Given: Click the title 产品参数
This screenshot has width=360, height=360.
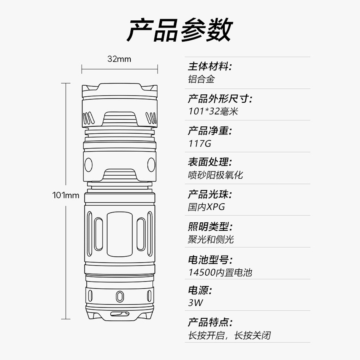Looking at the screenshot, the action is [180, 30].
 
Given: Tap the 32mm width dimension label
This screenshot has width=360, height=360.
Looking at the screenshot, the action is [119, 59].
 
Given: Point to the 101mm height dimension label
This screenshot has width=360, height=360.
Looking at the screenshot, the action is [66, 196].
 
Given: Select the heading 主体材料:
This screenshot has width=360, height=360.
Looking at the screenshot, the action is [210, 66].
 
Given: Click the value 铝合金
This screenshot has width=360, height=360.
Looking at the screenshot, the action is [201, 79].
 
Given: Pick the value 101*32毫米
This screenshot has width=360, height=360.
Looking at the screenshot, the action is [213, 111].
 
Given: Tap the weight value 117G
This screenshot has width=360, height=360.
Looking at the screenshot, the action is [199, 143].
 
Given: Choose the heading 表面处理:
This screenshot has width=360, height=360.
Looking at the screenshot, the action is [210, 162].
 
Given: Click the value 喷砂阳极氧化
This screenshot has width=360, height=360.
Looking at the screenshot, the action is [215, 175].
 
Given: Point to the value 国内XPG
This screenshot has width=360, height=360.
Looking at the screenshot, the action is [206, 207].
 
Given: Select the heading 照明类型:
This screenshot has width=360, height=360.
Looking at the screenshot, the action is [210, 227].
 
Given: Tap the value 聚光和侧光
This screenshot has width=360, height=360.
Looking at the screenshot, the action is [211, 239].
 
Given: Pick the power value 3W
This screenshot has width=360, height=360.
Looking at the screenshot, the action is [196, 303].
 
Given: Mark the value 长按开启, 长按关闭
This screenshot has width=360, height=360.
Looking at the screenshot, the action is [230, 335].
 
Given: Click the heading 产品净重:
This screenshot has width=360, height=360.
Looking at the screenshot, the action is [210, 130].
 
